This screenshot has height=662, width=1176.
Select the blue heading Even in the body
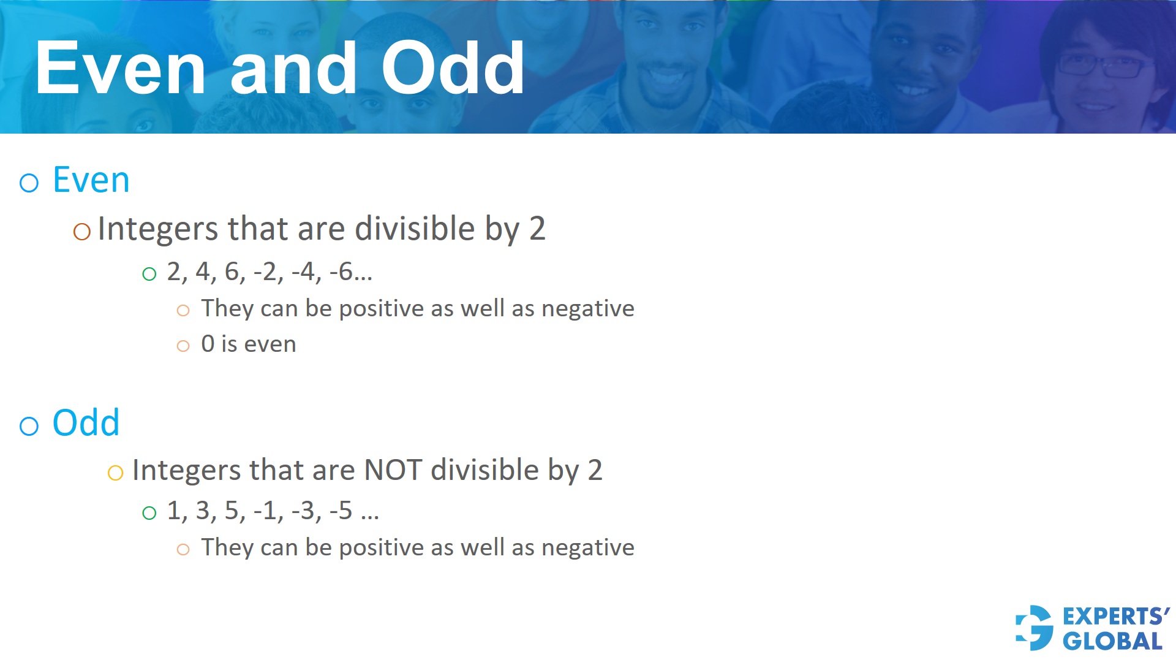click(91, 180)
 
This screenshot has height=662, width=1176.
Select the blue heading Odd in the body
click(86, 423)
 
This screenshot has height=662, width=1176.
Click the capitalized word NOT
click(393, 471)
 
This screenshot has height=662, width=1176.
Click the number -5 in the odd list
click(341, 511)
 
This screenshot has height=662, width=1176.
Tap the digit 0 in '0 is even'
click(208, 344)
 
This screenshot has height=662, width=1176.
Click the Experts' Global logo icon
click(1035, 628)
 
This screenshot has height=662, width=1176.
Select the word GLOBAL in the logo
click(1113, 642)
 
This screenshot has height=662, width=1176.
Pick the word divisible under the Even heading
click(415, 229)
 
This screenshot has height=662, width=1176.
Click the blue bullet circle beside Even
click(29, 183)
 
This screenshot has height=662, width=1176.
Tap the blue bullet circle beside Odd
click(29, 426)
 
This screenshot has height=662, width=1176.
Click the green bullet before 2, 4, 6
click(149, 274)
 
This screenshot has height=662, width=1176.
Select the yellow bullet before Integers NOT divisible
click(115, 473)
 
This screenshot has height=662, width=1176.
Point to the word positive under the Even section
click(381, 309)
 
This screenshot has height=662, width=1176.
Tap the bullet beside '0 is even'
click(183, 346)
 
